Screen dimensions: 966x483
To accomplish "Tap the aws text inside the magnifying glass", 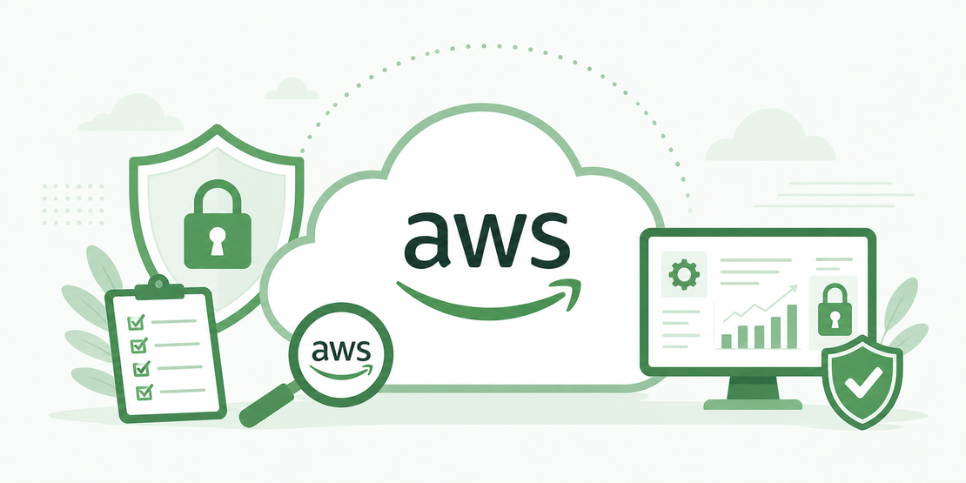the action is click(x=340, y=351).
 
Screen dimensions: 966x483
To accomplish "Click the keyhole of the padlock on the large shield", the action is click(x=217, y=240).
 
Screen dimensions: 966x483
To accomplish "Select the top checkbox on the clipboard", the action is click(x=136, y=322).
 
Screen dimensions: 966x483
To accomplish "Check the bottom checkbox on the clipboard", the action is click(x=144, y=391).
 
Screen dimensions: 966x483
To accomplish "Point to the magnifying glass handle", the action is click(x=267, y=405).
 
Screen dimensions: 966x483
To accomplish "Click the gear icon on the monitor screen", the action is click(x=682, y=273).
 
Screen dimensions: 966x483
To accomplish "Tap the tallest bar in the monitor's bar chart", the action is click(x=792, y=326).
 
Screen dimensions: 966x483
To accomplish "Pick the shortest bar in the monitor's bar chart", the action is click(x=727, y=341).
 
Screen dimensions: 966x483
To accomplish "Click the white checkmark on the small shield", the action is click(x=862, y=383).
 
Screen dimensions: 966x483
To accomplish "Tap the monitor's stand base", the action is click(x=753, y=404).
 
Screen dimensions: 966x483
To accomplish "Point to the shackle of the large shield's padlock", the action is click(x=217, y=198).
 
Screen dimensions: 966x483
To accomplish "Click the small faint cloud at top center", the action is click(x=292, y=89).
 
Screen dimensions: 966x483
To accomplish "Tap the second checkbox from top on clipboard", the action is click(x=138, y=345).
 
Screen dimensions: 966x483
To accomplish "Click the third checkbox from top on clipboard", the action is click(x=141, y=368).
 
